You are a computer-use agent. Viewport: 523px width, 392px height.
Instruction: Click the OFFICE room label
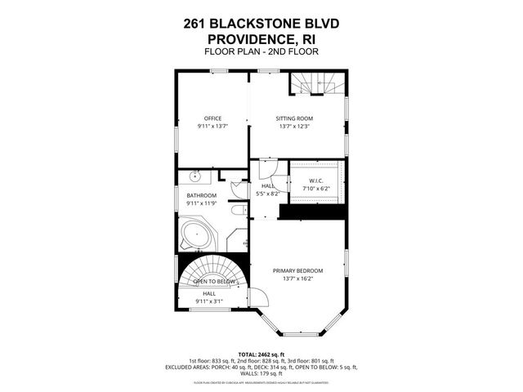(x=212, y=118)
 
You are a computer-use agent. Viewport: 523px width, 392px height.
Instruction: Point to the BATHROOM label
(x=201, y=196)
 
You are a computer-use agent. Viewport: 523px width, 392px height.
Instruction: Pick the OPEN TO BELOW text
(x=214, y=282)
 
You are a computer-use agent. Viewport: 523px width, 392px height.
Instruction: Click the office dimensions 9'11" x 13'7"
(x=212, y=127)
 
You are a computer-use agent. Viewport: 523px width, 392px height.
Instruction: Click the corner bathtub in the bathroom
(x=196, y=236)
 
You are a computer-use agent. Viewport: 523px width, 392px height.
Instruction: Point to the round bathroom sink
(x=196, y=175)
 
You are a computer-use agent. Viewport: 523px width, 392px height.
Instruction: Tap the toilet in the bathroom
(x=237, y=211)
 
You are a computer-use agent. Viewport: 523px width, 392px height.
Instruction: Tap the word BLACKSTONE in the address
(x=261, y=24)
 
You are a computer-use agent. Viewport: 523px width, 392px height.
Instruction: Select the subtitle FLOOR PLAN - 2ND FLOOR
(x=261, y=51)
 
